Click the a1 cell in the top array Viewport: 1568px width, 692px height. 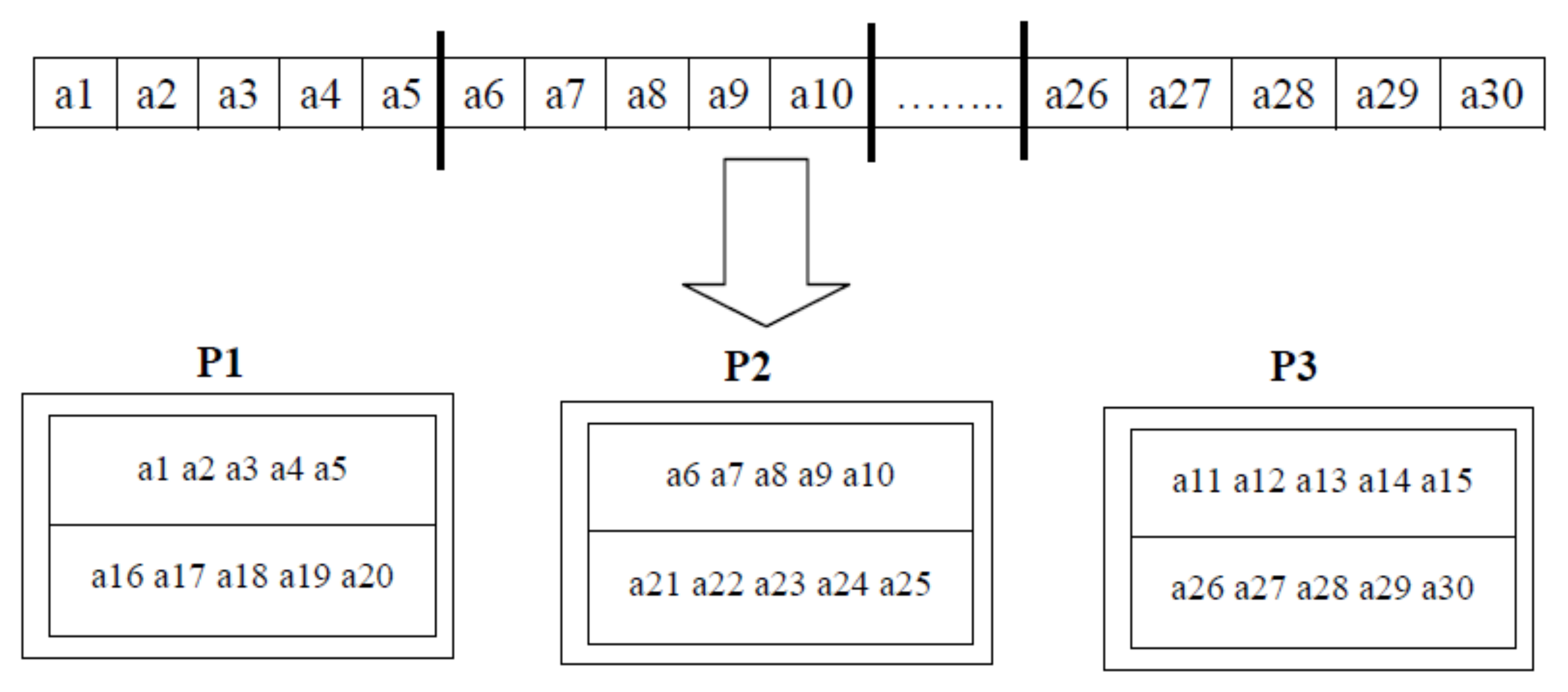(74, 95)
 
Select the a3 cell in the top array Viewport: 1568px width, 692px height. (238, 95)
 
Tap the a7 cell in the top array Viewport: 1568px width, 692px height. (565, 95)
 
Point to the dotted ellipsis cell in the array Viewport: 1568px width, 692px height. (949, 95)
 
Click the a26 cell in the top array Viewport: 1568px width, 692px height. (1076, 95)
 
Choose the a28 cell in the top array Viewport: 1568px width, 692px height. (1283, 95)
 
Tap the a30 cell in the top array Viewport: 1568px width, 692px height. (1492, 95)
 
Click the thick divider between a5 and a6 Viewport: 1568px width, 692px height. (441, 101)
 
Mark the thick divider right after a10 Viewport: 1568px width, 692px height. (871, 92)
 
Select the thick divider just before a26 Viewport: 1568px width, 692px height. (1024, 91)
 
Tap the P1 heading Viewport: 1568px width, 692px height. (220, 363)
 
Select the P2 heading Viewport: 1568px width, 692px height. (747, 366)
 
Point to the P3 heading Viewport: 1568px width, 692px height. (1293, 366)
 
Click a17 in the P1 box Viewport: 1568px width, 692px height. (179, 576)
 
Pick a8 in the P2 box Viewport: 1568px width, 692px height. (771, 475)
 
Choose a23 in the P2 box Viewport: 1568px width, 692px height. (780, 584)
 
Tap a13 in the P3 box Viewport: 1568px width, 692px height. (1321, 480)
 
